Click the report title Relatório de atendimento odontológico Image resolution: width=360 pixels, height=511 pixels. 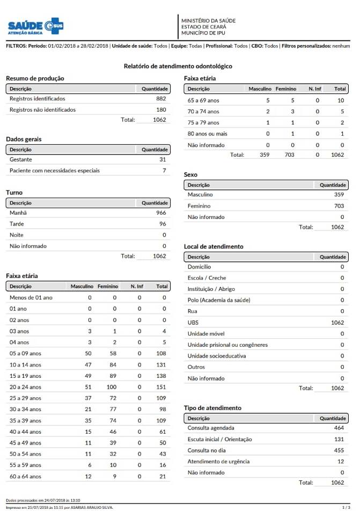pyautogui.click(x=178, y=66)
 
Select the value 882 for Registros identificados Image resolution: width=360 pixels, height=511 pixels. pyautogui.click(x=161, y=99)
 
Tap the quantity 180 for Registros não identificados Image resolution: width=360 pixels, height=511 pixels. pyautogui.click(x=161, y=109)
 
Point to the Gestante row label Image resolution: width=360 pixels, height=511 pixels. pyautogui.click(x=21, y=159)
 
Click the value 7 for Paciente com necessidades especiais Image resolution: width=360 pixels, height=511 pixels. pyautogui.click(x=164, y=171)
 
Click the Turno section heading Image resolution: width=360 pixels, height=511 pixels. pyautogui.click(x=14, y=192)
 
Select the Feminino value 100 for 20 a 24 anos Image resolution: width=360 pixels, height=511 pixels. pyautogui.click(x=112, y=387)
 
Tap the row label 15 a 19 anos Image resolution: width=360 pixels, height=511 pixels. pyautogui.click(x=25, y=376)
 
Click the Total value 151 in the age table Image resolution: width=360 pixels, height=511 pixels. pyautogui.click(x=161, y=387)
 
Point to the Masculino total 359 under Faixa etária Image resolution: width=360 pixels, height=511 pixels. pyautogui.click(x=264, y=155)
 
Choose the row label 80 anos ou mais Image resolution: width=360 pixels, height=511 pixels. pyautogui.click(x=207, y=134)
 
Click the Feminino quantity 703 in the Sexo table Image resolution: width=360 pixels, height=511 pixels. pyautogui.click(x=339, y=206)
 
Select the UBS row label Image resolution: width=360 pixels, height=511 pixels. pyautogui.click(x=193, y=323)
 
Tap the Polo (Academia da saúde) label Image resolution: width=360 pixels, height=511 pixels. pyautogui.click(x=219, y=300)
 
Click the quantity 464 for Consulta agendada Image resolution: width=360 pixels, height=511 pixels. pyautogui.click(x=339, y=428)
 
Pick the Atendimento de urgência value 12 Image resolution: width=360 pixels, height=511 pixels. pyautogui.click(x=341, y=462)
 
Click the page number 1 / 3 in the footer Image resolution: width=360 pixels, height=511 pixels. pyautogui.click(x=346, y=507)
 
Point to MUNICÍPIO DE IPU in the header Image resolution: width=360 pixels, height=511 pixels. pyautogui.click(x=203, y=33)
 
